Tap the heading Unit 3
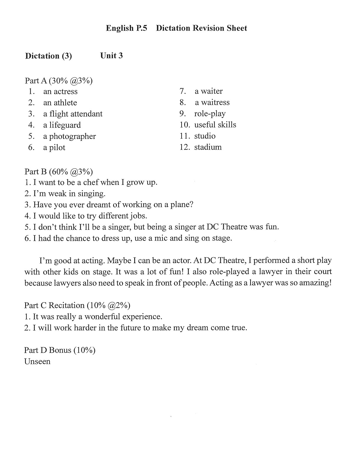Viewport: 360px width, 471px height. (x=111, y=56)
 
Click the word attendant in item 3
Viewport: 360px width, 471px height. (x=87, y=114)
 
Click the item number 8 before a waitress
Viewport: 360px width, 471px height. (x=183, y=102)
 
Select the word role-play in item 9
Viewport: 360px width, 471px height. (x=210, y=114)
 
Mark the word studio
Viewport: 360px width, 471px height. (x=205, y=136)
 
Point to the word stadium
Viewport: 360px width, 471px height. (x=208, y=147)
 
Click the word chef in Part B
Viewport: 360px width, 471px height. (x=91, y=183)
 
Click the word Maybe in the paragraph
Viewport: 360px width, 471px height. (x=121, y=261)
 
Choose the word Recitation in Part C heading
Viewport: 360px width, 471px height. (x=66, y=306)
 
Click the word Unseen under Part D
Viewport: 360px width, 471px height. (x=37, y=361)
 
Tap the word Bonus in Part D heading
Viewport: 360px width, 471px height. (x=60, y=350)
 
